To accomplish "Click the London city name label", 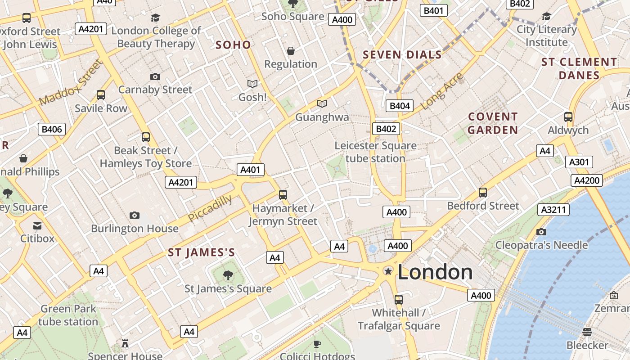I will pyautogui.click(x=435, y=272).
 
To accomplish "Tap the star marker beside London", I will pyautogui.click(x=388, y=271).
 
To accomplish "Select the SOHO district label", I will pyautogui.click(x=233, y=45).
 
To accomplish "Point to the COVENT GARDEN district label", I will pyautogui.click(x=493, y=123).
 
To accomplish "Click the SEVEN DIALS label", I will pyautogui.click(x=402, y=55).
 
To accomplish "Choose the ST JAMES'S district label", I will pyautogui.click(x=202, y=252).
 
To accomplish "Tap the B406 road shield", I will pyautogui.click(x=52, y=130).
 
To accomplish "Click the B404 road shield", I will pyautogui.click(x=400, y=106).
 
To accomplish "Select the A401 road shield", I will pyautogui.click(x=251, y=170).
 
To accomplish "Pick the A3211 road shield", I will pyautogui.click(x=553, y=210).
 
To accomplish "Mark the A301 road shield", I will pyautogui.click(x=579, y=162).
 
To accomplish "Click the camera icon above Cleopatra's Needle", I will pyautogui.click(x=541, y=232).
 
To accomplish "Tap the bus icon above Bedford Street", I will pyautogui.click(x=483, y=192).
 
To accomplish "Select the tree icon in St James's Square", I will pyautogui.click(x=228, y=274).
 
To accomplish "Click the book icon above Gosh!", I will pyautogui.click(x=252, y=84).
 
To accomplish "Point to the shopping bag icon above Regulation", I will pyautogui.click(x=291, y=51).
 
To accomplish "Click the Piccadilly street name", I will pyautogui.click(x=210, y=208).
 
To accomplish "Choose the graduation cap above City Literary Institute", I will pyautogui.click(x=546, y=17).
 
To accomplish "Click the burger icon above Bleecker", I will pyautogui.click(x=587, y=332).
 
